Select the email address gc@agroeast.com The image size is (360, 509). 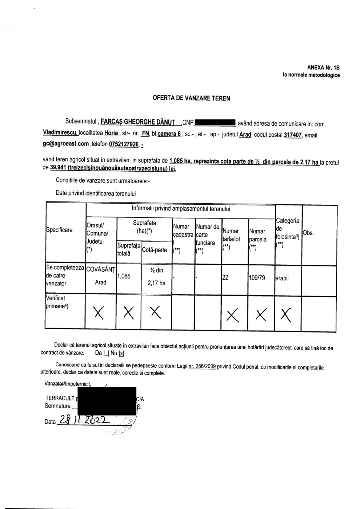(x=66, y=144)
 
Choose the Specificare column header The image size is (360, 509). (x=59, y=230)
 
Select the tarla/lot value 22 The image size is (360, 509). (x=225, y=278)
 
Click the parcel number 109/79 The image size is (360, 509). (x=257, y=278)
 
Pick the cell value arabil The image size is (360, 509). (x=282, y=278)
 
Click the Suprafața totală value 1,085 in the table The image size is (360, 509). (x=124, y=276)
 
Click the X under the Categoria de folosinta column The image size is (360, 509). (x=287, y=314)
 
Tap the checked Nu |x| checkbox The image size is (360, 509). (x=121, y=353)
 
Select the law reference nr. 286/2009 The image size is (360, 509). (x=202, y=367)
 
